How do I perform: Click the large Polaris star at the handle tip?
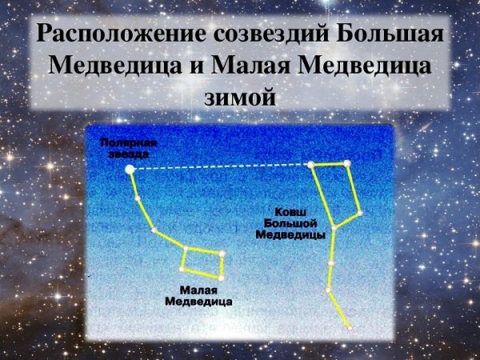[x=130, y=169]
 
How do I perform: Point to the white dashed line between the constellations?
[x=220, y=167]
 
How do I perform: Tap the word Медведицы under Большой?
[x=289, y=236]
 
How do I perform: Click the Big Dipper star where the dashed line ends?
[x=311, y=165]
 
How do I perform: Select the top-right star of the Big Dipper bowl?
[x=347, y=164]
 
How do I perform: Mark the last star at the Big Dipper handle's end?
[x=350, y=326]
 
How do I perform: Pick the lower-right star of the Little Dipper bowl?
[x=221, y=278]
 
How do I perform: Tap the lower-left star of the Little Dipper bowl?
[x=182, y=270]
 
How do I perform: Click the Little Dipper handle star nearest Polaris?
[x=137, y=198]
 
